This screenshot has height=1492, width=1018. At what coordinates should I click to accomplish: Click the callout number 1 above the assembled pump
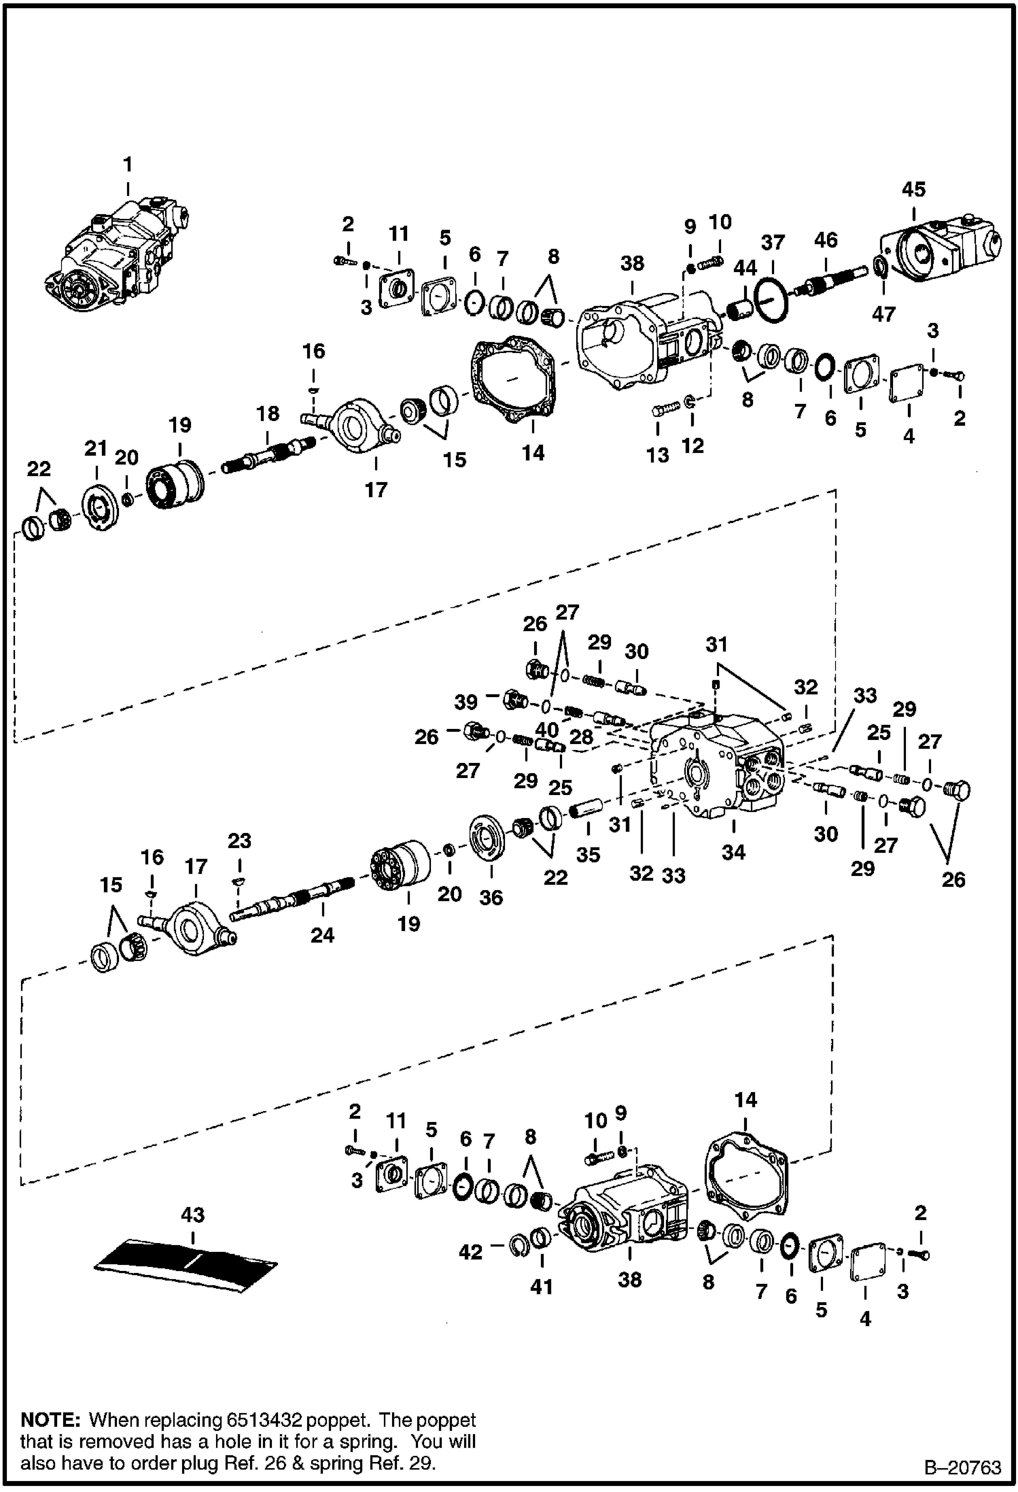point(127,165)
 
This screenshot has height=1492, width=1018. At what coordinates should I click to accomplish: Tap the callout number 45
point(913,189)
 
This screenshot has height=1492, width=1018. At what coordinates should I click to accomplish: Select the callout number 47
point(883,314)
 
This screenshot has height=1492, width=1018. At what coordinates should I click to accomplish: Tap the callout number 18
point(268,413)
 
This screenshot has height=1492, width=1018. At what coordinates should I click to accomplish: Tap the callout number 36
point(491,898)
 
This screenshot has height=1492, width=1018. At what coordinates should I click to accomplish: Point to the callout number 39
point(466,702)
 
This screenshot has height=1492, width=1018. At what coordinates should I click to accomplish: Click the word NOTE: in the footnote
point(51,1420)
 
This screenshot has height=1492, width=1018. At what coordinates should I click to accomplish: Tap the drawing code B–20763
point(962,1467)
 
